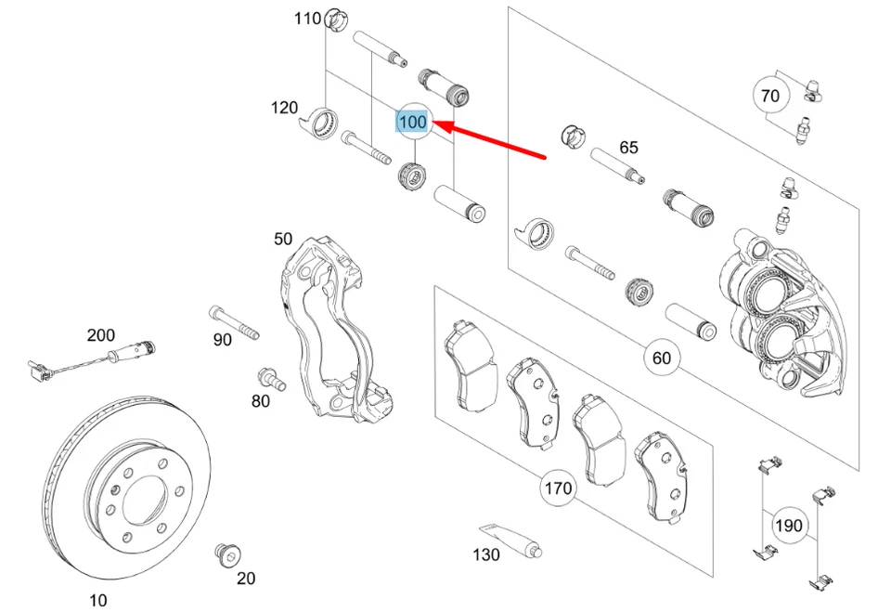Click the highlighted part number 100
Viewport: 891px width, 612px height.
(x=412, y=122)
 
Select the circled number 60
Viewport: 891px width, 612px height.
(x=661, y=358)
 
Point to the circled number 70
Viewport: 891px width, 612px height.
(x=770, y=95)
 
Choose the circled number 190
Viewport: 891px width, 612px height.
(x=788, y=526)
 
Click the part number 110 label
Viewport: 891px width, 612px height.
(x=307, y=18)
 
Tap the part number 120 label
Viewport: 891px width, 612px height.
(x=284, y=108)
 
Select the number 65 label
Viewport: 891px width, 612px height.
(x=628, y=147)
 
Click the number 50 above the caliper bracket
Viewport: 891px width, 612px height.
(x=283, y=239)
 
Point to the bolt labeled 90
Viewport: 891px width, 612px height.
(x=234, y=320)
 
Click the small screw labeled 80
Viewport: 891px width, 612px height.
(x=269, y=378)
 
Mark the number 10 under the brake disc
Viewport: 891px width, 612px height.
(x=97, y=600)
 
